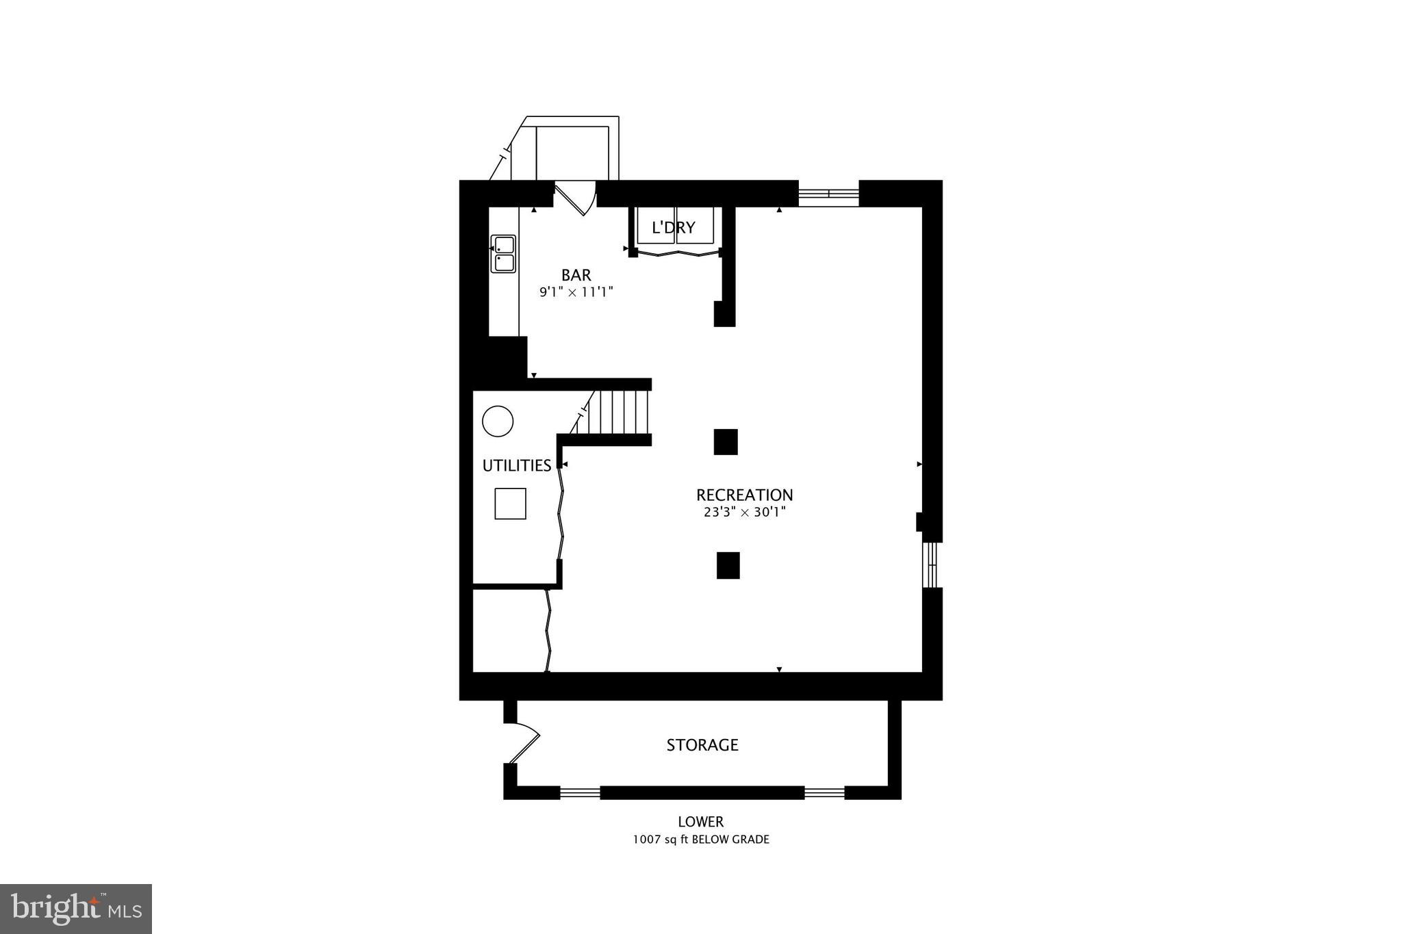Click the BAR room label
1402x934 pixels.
pyautogui.click(x=576, y=275)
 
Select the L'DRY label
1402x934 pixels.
pyautogui.click(x=674, y=228)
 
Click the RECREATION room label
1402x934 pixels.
pyautogui.click(x=744, y=495)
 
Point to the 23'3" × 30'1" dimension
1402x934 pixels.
pyautogui.click(x=744, y=512)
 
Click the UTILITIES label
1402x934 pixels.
pyautogui.click(x=516, y=466)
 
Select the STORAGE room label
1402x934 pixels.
pyautogui.click(x=702, y=745)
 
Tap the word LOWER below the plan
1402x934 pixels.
pyautogui.click(x=700, y=822)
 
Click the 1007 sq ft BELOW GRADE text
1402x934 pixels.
pyautogui.click(x=700, y=840)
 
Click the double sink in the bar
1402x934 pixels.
pyautogui.click(x=504, y=254)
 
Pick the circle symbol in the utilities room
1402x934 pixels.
pyautogui.click(x=498, y=421)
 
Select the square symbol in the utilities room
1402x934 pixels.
pyautogui.click(x=510, y=504)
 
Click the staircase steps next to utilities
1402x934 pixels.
pyautogui.click(x=620, y=412)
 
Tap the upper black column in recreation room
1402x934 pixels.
pyautogui.click(x=726, y=442)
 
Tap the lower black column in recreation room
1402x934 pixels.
pyautogui.click(x=728, y=565)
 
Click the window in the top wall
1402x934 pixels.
pyautogui.click(x=828, y=194)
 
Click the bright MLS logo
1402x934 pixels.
pyautogui.click(x=76, y=909)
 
